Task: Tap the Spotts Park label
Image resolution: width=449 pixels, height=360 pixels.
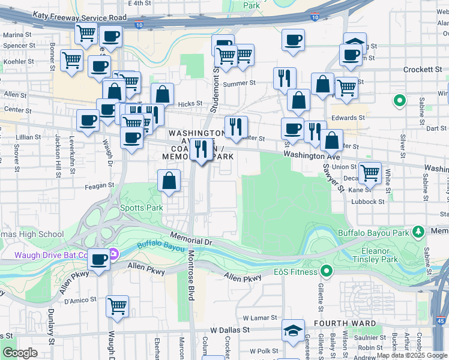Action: coord(142,208)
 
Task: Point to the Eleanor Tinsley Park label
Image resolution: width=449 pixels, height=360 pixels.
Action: coord(379,255)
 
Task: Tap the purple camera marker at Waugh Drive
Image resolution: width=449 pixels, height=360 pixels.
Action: coord(113,256)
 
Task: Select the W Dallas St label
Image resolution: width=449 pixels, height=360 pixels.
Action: coord(230,330)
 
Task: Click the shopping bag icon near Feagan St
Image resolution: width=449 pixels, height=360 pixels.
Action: coord(169,179)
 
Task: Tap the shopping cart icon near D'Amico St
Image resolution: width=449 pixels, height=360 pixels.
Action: coord(117,305)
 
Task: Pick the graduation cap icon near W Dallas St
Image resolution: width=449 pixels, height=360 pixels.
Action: coord(294,330)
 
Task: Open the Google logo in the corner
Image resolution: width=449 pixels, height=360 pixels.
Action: coord(20,353)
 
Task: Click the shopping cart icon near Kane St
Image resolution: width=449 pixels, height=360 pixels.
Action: coord(370,173)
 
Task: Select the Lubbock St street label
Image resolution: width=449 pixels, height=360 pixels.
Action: coord(368,202)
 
